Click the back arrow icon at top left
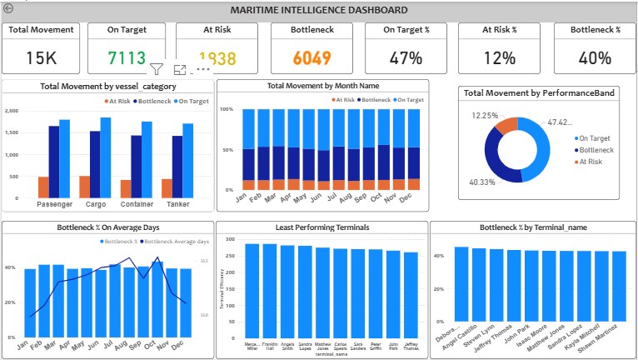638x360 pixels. point(8,8)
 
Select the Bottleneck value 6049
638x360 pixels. point(312,58)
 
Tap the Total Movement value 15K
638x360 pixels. point(42,58)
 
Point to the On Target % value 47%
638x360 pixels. point(406,58)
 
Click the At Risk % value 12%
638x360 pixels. point(500,58)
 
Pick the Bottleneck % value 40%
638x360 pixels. point(595,58)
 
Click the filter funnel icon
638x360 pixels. point(156,70)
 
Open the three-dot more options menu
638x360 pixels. point(203,70)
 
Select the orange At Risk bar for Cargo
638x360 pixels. point(107,187)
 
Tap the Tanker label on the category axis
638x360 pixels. point(177,203)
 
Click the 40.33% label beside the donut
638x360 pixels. point(482,182)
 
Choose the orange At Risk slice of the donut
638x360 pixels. point(506,126)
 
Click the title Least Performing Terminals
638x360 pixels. point(322,227)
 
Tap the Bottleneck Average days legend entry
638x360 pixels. point(174,242)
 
